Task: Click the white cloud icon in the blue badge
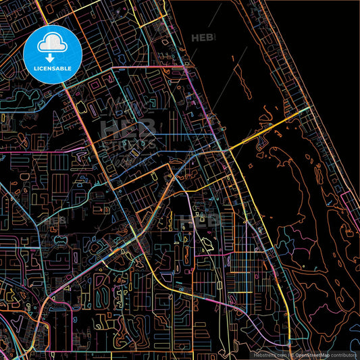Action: [x=52, y=44]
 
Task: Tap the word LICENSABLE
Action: [x=52, y=68]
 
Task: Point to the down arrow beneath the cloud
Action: [x=52, y=56]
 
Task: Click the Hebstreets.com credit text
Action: [x=269, y=355]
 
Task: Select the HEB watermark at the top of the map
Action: [x=203, y=38]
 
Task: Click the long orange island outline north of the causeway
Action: [x=236, y=74]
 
